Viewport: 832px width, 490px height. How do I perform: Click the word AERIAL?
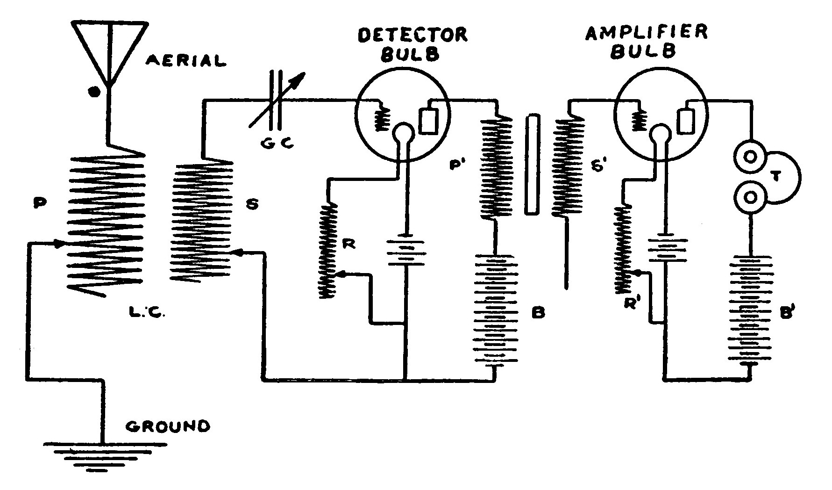tap(186, 60)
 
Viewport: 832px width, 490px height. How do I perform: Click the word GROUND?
tap(168, 426)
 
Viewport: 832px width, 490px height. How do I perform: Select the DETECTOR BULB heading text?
tap(412, 44)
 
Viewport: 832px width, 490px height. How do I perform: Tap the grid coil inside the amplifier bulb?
tap(637, 120)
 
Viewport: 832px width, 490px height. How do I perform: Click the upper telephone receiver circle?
tap(750, 157)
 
